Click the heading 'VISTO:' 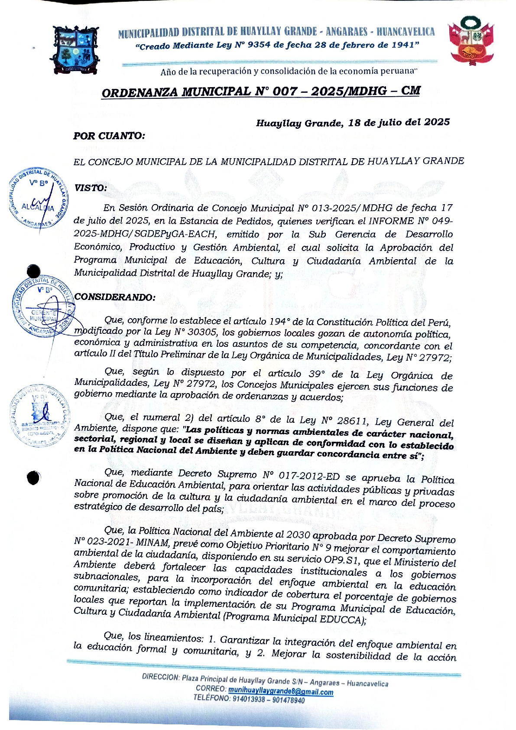(91, 188)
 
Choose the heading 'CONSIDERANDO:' (115, 297)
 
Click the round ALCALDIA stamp (38, 198)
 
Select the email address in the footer (281, 691)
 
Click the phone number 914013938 (251, 699)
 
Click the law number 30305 (205, 333)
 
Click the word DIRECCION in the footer (160, 677)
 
